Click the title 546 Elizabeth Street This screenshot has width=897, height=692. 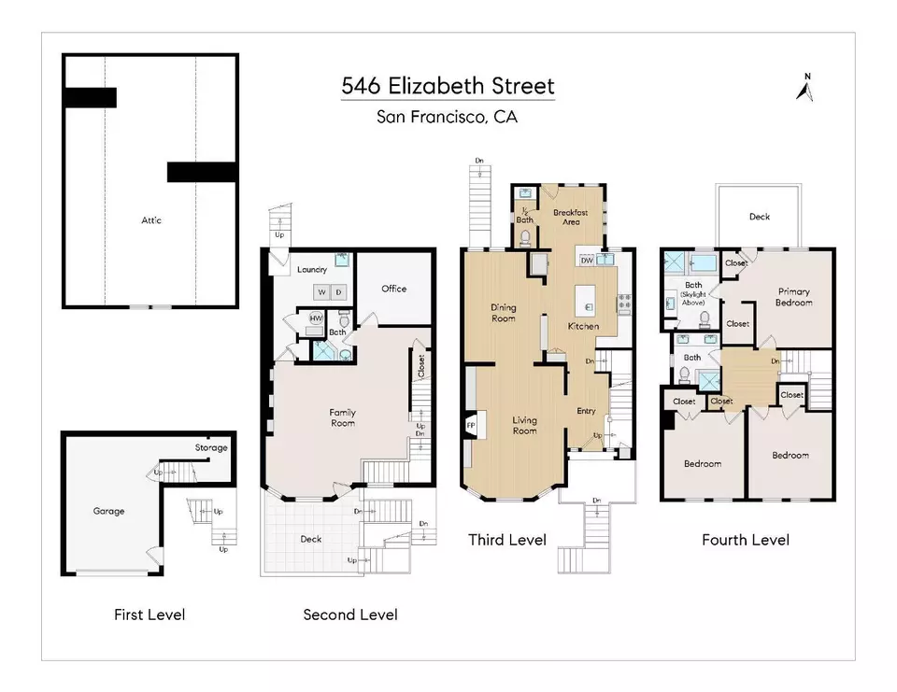tap(448, 87)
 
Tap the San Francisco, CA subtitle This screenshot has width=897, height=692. tap(447, 117)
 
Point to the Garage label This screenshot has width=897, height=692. tap(108, 511)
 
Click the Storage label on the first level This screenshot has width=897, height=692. tap(210, 447)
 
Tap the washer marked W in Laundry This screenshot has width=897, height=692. tap(321, 292)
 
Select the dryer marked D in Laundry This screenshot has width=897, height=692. tap(340, 292)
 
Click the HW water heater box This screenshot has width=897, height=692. tap(316, 318)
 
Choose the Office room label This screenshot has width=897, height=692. tap(393, 289)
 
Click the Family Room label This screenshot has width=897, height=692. tap(342, 417)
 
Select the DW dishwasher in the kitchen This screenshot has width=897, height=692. tap(587, 261)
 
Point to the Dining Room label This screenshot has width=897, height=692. tap(503, 313)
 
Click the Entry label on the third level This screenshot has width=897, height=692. tap(586, 411)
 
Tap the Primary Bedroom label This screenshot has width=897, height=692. tap(794, 297)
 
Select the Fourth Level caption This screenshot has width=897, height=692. tap(746, 540)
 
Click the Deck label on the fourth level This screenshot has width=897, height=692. tap(760, 217)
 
